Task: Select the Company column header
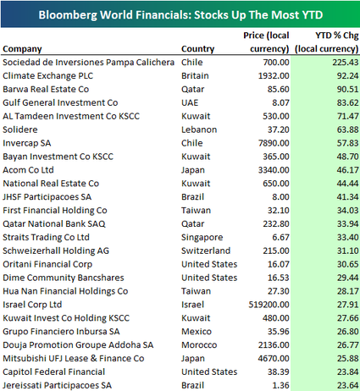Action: coord(22,49)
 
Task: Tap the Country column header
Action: coord(198,49)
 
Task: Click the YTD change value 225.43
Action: coord(346,62)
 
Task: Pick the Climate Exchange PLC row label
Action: coord(47,75)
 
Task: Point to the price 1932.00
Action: coord(274,75)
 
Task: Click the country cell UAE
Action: coord(190,102)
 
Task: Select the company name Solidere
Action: coord(20,129)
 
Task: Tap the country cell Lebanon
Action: coord(199,129)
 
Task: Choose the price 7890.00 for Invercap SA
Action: coord(274,143)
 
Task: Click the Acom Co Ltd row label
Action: coord(28,170)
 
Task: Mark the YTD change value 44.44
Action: coord(347,184)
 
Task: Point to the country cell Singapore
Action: coord(202,238)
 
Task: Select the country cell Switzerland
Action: coord(206,251)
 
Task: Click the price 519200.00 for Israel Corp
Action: coord(269,305)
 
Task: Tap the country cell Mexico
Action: coord(197,332)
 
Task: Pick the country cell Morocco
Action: coord(199,344)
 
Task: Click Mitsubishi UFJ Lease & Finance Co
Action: coord(74,358)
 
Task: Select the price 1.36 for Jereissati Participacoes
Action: coord(280,385)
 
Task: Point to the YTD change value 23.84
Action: coord(347,372)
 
